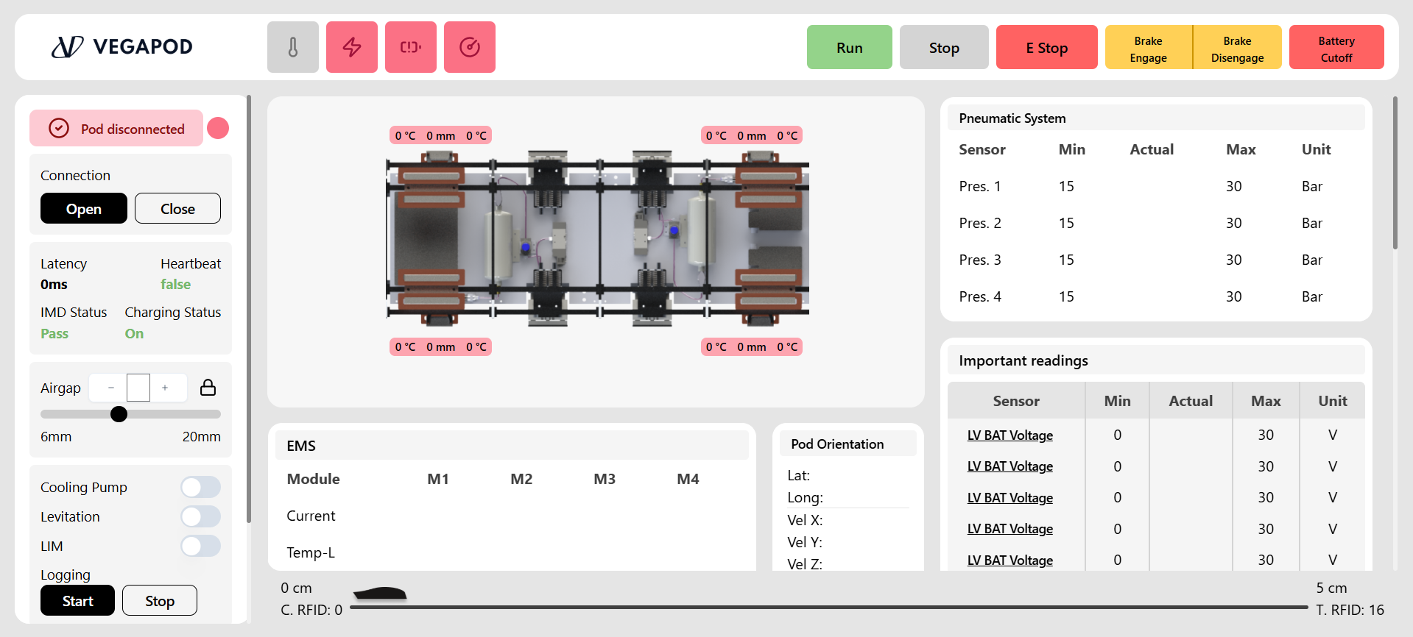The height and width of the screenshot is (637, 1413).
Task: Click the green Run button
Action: (x=849, y=47)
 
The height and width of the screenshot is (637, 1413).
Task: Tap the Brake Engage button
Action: (x=1148, y=47)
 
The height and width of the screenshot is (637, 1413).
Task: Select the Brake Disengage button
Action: (x=1237, y=47)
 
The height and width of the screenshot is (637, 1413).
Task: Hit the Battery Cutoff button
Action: (x=1336, y=47)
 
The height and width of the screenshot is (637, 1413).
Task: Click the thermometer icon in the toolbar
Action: (x=293, y=47)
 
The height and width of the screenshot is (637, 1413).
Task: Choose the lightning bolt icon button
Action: (x=352, y=47)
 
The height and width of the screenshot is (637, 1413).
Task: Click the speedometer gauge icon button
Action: (x=470, y=47)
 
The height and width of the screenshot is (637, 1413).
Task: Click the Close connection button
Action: (x=177, y=208)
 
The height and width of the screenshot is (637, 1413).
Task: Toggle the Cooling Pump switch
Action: (x=200, y=487)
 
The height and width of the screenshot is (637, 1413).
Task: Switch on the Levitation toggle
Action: (x=200, y=516)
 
